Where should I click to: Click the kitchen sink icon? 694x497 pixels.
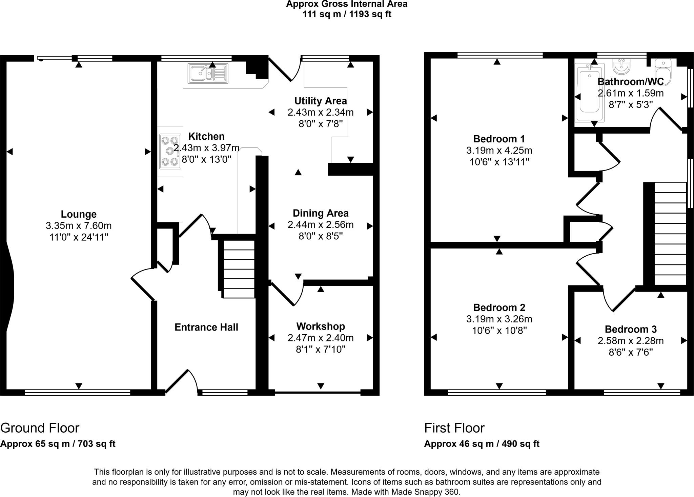click(x=208, y=73)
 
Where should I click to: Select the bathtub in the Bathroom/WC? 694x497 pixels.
click(x=590, y=92)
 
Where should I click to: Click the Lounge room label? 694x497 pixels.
click(x=79, y=214)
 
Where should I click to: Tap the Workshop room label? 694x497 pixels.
click(x=321, y=326)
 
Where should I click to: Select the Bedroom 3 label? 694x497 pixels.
click(x=631, y=329)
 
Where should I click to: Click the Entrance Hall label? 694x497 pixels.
click(x=206, y=327)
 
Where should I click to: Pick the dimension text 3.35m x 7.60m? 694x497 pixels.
click(x=79, y=226)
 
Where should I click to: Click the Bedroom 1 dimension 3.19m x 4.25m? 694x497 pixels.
click(x=499, y=151)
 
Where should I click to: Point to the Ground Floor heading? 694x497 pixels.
click(x=40, y=428)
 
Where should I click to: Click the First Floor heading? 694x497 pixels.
click(x=454, y=428)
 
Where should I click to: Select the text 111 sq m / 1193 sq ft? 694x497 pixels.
click(x=347, y=15)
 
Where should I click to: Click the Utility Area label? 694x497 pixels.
click(x=321, y=101)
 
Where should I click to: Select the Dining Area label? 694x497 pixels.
click(x=321, y=213)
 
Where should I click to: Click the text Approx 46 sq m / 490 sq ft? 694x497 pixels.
click(x=482, y=444)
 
